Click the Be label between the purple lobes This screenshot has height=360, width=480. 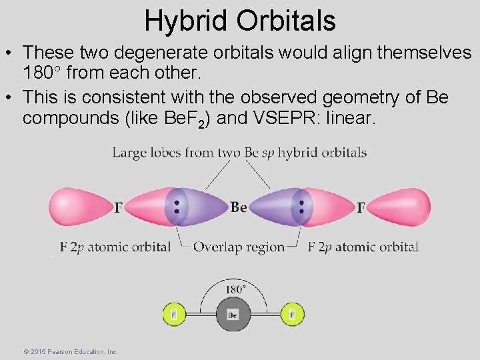(239, 207)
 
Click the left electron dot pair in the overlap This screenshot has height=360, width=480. (177, 207)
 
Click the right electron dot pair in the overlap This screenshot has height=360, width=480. (301, 207)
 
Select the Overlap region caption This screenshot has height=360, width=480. (239, 247)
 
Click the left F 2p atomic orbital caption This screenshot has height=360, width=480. (115, 247)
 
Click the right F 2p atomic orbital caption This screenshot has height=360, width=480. (363, 247)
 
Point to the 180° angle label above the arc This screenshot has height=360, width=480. (234, 289)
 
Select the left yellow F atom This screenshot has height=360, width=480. (173, 313)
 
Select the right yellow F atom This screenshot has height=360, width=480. (291, 313)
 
